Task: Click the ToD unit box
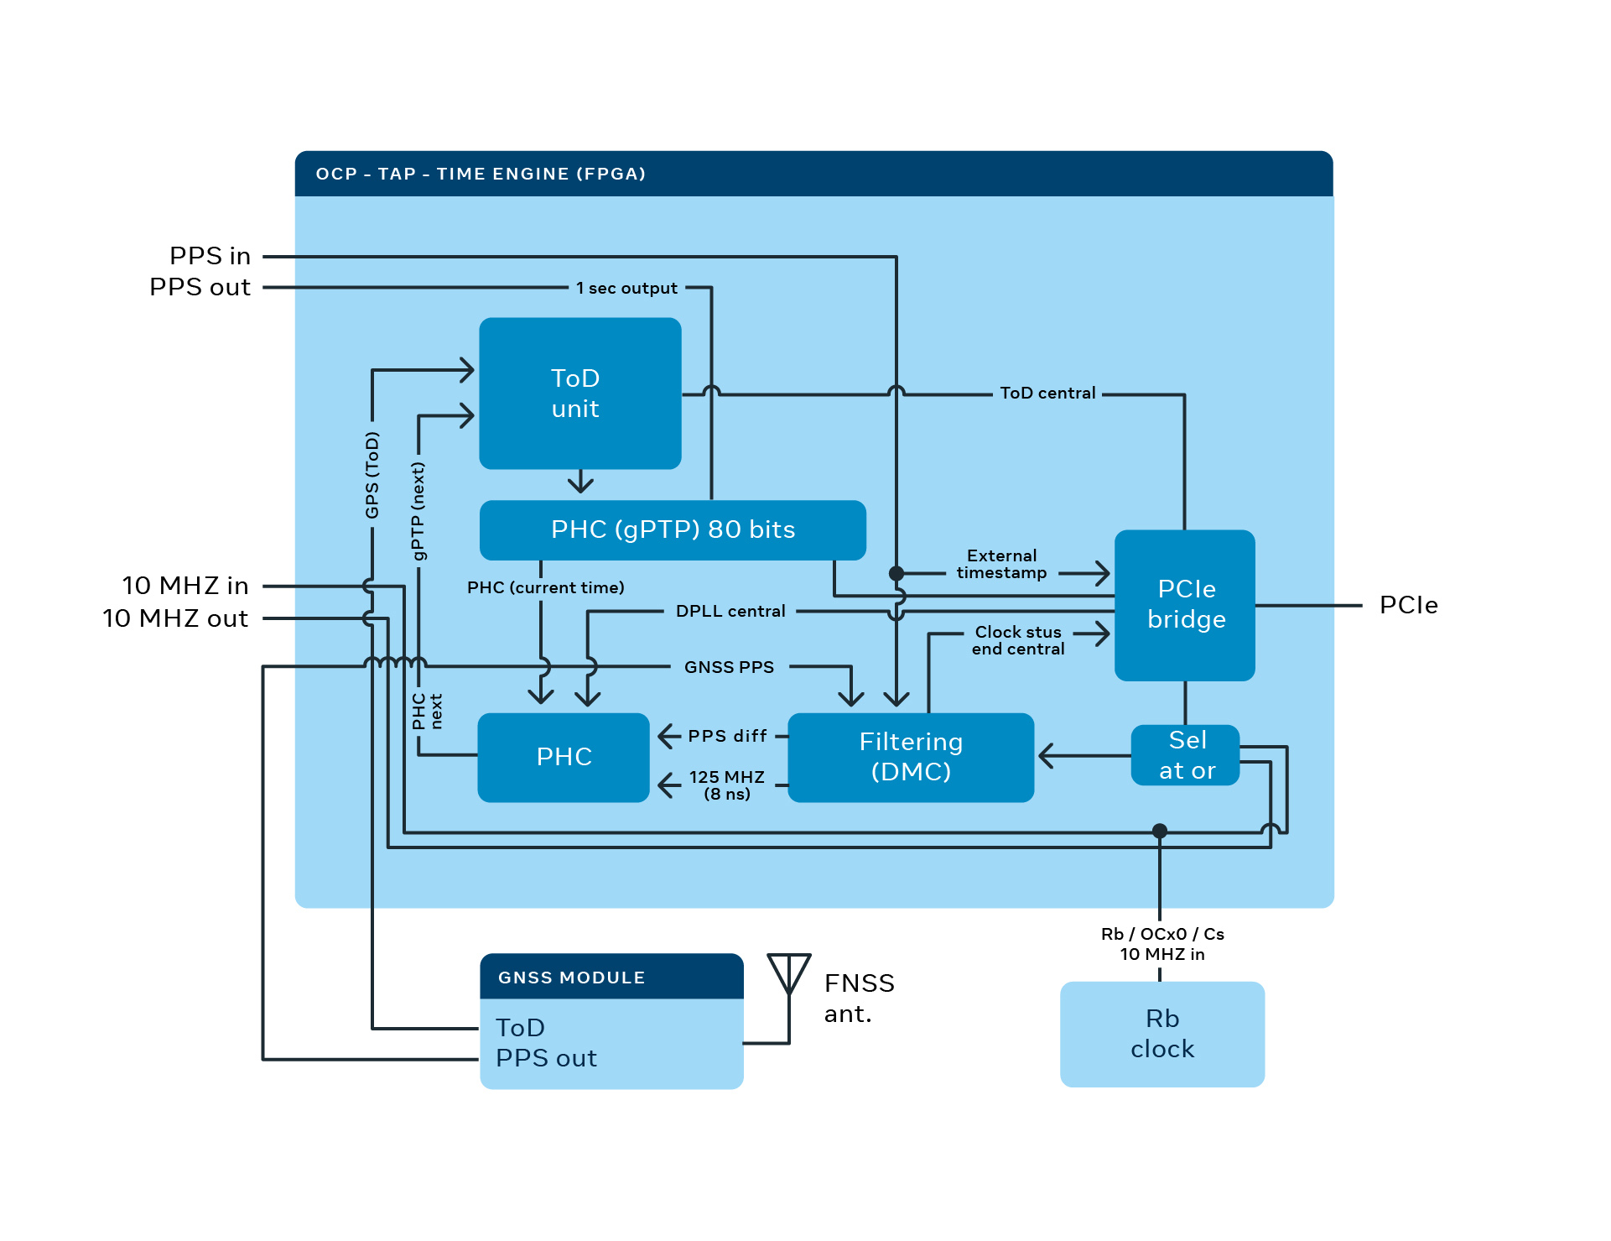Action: coord(579,393)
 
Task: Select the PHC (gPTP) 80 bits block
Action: coord(672,529)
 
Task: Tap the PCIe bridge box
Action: coord(1184,604)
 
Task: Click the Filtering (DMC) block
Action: coord(910,756)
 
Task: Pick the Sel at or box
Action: coord(1185,755)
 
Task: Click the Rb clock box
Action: coord(1161,1034)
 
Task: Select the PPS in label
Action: coord(210,256)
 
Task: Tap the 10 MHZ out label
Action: coord(175,618)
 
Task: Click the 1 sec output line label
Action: coord(626,288)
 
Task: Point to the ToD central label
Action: coord(1047,393)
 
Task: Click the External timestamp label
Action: coord(1001,564)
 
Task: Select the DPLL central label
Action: coord(730,611)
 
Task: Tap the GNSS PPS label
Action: coord(729,667)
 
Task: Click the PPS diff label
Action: coord(727,736)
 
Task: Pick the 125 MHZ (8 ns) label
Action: coord(726,785)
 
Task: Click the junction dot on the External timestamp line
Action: coord(896,573)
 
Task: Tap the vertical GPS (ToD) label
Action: coord(372,475)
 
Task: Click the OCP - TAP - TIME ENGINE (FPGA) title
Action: coord(481,174)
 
